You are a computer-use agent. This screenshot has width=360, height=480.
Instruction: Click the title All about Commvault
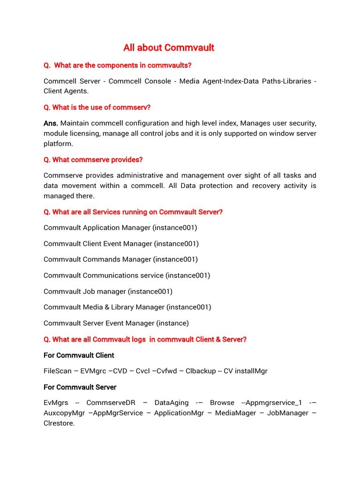(169, 48)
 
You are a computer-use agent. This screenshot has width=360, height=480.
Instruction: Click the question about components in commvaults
(118, 65)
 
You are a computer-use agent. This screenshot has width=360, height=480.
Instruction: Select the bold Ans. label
(51, 123)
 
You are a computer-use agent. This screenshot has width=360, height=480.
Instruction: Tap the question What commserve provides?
(93, 160)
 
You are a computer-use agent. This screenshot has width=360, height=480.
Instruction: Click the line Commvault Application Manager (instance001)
(120, 228)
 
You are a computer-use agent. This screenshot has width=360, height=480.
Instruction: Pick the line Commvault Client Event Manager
(121, 244)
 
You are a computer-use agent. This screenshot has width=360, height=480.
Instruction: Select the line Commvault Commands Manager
(120, 259)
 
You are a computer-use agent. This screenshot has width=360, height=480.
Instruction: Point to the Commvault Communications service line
(127, 275)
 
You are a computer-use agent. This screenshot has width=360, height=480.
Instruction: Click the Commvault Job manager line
(108, 292)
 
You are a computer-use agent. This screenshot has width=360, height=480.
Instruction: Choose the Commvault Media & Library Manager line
(127, 307)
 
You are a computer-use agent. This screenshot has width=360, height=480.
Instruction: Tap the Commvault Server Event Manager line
(116, 323)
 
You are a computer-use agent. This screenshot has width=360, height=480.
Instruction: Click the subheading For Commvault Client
(79, 355)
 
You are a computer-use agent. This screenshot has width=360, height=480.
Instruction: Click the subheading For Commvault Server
(80, 387)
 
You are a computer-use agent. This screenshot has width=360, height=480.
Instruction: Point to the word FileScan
(58, 371)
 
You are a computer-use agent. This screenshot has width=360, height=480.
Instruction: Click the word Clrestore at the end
(59, 423)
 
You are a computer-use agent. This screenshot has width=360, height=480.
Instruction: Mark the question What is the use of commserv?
(97, 107)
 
